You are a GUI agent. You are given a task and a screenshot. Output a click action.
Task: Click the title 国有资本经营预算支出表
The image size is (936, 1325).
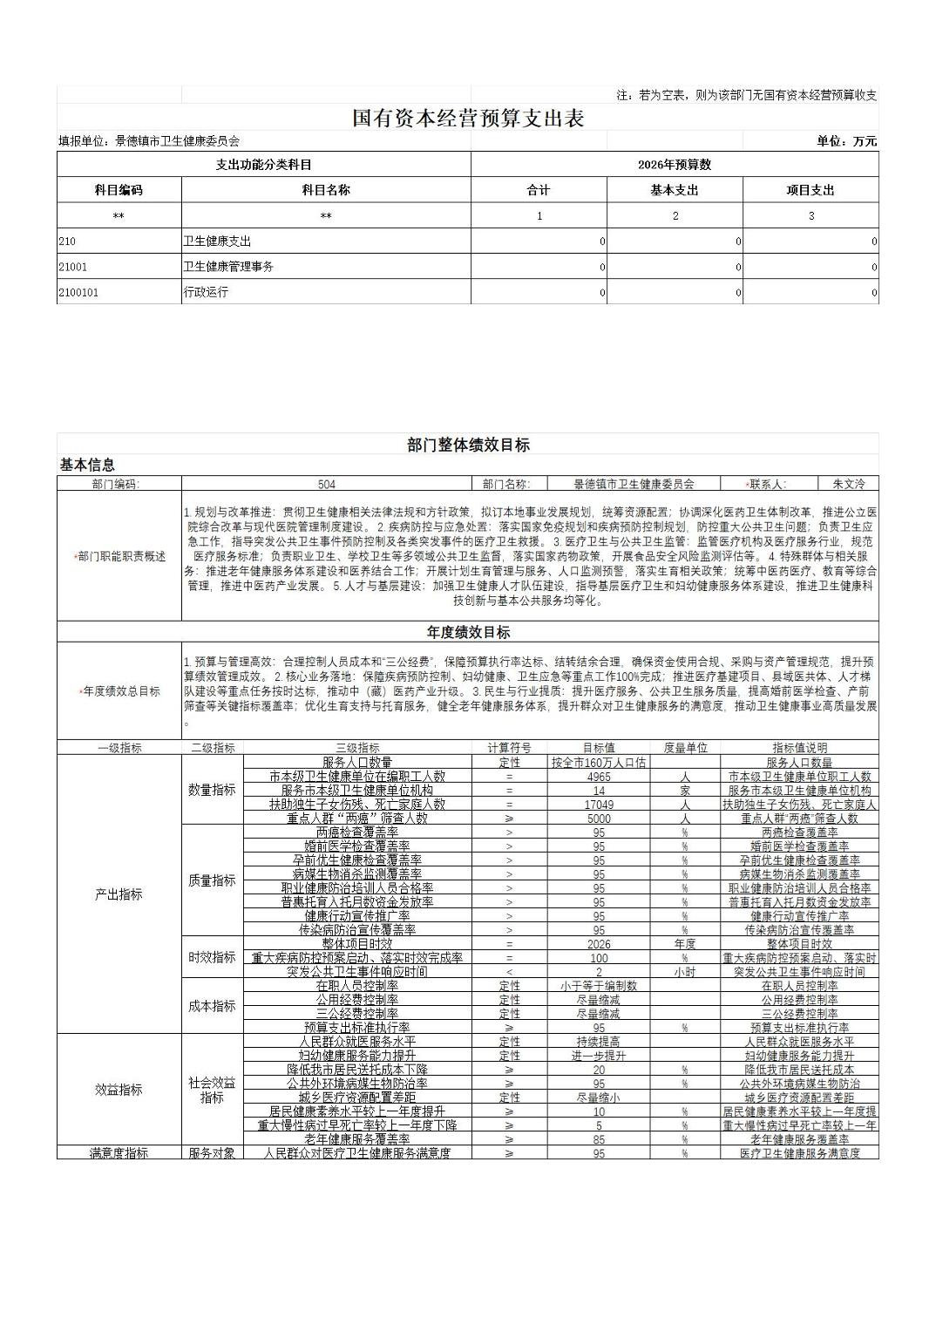pos(467,119)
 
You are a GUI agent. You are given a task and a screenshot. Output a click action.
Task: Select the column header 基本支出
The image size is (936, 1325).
pos(675,190)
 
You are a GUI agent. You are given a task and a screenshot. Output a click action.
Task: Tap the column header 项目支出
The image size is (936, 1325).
pos(811,190)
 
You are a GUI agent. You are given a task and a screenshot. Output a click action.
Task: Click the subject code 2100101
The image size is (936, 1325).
pos(78,292)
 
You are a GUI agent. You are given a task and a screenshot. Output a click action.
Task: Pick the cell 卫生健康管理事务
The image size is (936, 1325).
pos(227,267)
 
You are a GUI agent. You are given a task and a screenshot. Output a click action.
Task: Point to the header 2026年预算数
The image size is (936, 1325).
pos(675,165)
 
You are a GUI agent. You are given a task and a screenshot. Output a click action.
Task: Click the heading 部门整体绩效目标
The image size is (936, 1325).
pos(468,445)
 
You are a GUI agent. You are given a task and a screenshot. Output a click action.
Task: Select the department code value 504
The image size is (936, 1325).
pos(326,484)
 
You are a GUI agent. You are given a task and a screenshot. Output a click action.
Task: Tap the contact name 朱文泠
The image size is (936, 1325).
pos(848,484)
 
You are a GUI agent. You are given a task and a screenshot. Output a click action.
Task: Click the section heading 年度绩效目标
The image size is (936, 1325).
pos(468,633)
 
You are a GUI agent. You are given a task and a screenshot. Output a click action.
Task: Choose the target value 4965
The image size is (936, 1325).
pos(599,777)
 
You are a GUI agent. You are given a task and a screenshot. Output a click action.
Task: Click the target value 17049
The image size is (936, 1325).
pos(599,805)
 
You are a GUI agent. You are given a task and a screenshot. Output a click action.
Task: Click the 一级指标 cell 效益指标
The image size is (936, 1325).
pos(119,1090)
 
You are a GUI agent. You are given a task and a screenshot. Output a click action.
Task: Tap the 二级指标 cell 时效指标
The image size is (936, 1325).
pos(212,958)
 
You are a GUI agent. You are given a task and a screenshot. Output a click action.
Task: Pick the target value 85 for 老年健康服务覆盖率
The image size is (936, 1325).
pos(599,1139)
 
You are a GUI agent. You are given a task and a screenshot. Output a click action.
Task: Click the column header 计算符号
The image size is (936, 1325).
pos(509,748)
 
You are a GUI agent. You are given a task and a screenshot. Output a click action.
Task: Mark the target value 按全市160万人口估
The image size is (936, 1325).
pos(599,763)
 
